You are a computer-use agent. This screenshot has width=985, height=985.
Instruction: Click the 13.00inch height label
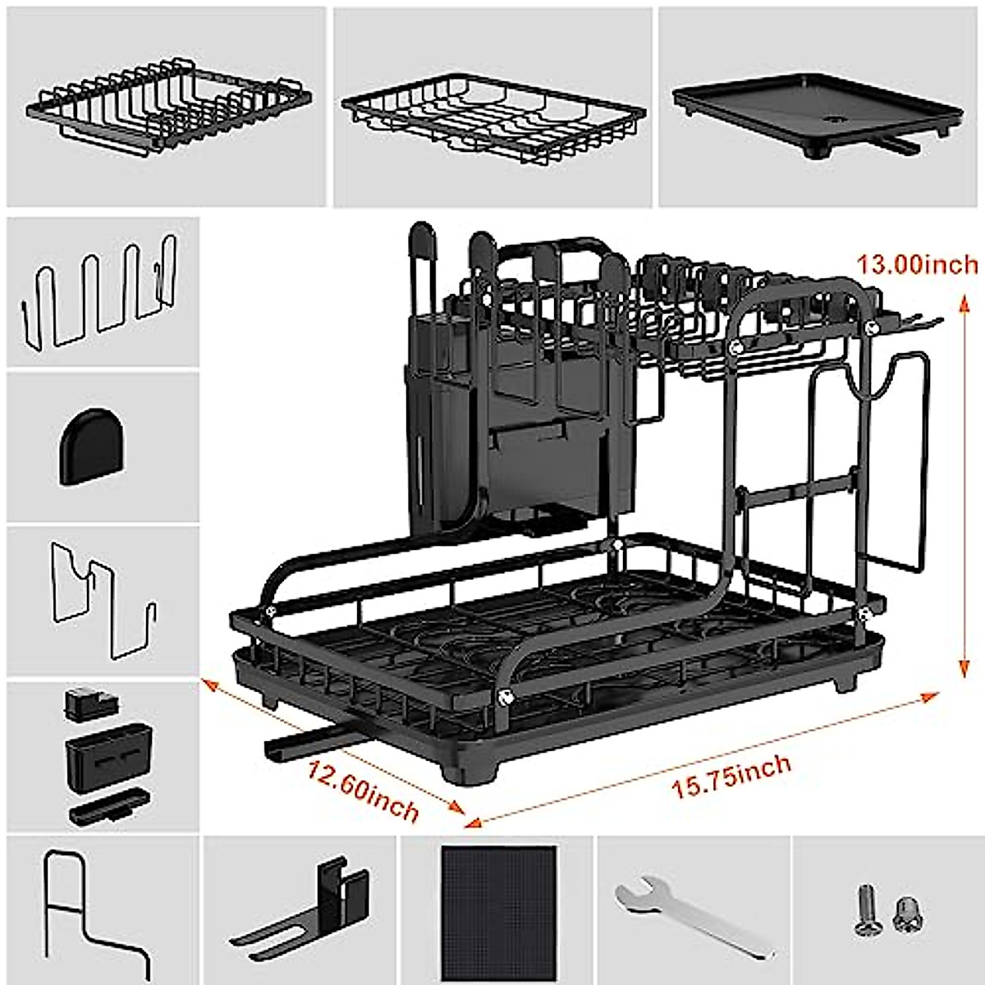tap(918, 264)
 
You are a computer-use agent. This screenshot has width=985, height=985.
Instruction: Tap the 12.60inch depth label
tap(363, 790)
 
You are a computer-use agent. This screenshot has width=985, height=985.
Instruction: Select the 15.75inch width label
tap(731, 777)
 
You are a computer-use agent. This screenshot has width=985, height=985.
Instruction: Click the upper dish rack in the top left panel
tap(168, 107)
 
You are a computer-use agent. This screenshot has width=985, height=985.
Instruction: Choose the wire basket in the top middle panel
tap(492, 115)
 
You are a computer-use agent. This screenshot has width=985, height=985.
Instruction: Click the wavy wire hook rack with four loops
tap(98, 291)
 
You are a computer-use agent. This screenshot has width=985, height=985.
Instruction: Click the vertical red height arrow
tap(961, 484)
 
